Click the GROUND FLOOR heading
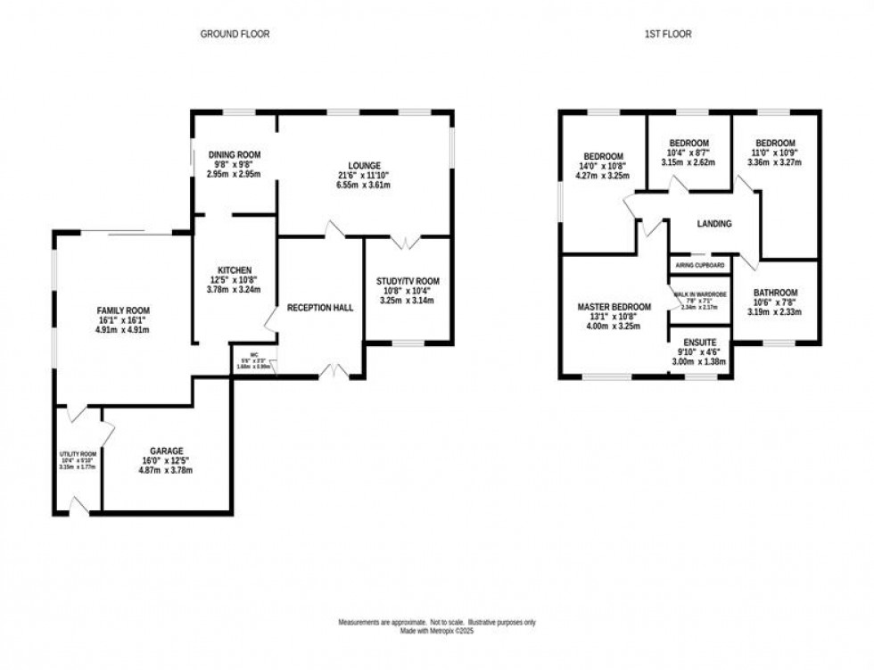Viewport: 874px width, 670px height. [x=235, y=34]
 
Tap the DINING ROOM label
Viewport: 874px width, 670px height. [x=235, y=154]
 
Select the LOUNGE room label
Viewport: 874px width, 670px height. [x=366, y=165]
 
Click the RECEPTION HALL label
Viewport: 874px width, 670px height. [x=320, y=308]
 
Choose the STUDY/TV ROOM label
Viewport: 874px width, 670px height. [x=408, y=282]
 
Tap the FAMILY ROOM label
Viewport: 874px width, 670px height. [x=121, y=310]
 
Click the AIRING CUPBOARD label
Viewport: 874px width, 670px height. [x=700, y=266]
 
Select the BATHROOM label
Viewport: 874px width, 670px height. [x=775, y=293]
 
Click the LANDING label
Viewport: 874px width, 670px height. [x=714, y=224]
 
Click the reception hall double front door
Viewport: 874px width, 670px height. [x=335, y=372]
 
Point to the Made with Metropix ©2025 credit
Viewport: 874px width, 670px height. [x=437, y=632]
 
